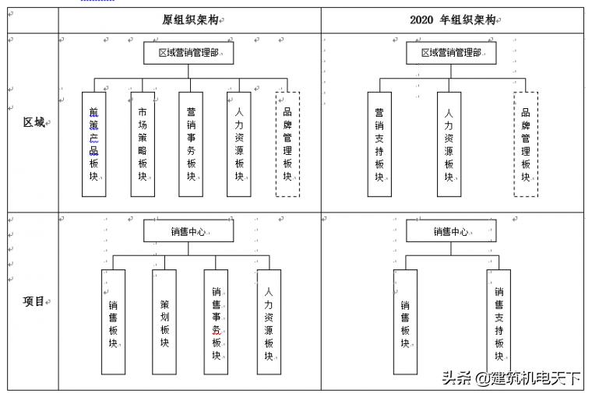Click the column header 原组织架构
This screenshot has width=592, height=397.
tap(189, 20)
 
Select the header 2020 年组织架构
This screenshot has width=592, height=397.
tap(453, 20)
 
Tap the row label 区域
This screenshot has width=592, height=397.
tap(33, 122)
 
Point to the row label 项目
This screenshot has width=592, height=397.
tap(33, 301)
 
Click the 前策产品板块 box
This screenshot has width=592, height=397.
tap(93, 144)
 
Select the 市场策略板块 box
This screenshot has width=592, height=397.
tap(142, 144)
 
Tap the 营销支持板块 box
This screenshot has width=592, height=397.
tap(379, 144)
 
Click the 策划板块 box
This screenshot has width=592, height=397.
tap(164, 321)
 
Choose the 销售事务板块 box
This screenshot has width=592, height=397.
tap(216, 321)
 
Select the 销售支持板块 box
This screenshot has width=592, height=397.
tap(499, 321)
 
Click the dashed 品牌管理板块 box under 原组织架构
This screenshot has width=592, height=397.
tap(287, 144)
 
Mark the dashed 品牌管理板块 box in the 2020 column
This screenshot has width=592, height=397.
tap(526, 144)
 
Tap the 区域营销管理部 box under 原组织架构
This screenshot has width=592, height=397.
tap(189, 53)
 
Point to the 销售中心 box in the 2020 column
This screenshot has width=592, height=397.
tap(451, 231)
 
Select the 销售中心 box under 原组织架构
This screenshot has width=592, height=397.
tap(189, 231)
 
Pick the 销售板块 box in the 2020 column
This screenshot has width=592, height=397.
tap(405, 321)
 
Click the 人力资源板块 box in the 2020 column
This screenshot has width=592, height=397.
tap(449, 144)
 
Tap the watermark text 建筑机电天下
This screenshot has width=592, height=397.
tap(537, 379)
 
